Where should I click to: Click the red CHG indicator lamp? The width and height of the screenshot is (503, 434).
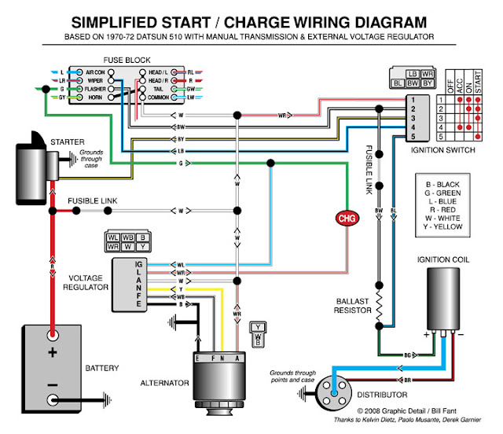point(347,217)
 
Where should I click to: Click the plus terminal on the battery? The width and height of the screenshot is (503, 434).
point(53,353)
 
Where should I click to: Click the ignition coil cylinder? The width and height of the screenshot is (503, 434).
point(445,300)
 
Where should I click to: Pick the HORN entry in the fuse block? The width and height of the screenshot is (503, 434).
point(96,98)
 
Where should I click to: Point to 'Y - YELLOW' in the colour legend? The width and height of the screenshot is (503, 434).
point(442,226)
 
